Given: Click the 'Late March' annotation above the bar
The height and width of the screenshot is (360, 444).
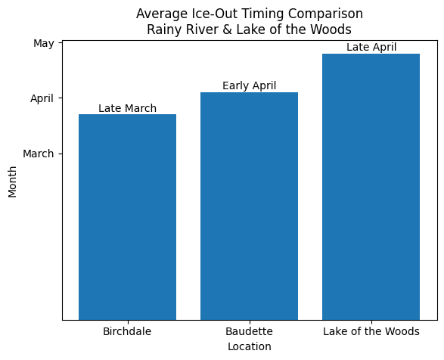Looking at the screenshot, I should tap(127, 108).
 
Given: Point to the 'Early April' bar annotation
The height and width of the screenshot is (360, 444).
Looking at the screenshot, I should tap(249, 85).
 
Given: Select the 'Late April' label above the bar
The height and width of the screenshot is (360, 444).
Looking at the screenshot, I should tap(371, 47).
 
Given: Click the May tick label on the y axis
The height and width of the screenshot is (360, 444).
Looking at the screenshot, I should tap(43, 43).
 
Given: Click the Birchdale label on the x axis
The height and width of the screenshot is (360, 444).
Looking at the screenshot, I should tap(127, 331).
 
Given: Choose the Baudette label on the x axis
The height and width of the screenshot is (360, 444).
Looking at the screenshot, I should tap(249, 331).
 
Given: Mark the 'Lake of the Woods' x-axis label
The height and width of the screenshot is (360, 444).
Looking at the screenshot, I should tap(371, 331).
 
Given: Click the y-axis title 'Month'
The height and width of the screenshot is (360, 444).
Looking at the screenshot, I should tap(13, 182).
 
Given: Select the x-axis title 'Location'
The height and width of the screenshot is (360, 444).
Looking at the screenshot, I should tap(249, 346).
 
